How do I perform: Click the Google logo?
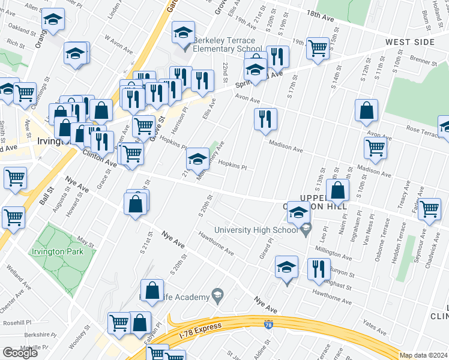20,353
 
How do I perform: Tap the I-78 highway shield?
268,325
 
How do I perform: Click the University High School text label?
256,230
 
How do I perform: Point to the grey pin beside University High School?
307,229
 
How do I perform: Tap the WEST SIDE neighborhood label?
410,42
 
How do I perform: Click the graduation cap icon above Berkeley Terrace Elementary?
183,33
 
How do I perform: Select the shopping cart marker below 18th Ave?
318,48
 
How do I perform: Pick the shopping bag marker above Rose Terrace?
366,111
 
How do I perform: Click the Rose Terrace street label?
423,131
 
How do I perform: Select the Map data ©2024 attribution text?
424,355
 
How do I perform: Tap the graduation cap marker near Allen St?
53,21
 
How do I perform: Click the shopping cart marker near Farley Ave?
429,208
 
